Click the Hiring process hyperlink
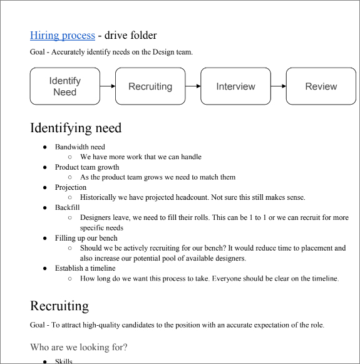63,36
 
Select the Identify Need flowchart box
64,86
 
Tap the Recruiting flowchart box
150,86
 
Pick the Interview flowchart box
235,86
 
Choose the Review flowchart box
321,86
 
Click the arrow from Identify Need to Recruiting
108,86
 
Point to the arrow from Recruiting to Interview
193,86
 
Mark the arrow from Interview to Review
279,86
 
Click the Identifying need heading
76,128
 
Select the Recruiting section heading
59,306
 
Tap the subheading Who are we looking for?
79,347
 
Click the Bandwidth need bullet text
80,147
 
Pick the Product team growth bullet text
87,167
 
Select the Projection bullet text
71,187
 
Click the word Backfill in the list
68,207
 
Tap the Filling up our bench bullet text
86,238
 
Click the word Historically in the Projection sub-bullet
98,197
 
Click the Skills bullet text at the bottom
64,361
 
